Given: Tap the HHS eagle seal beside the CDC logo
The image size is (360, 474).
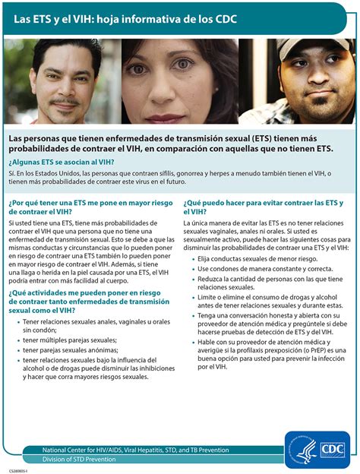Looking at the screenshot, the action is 301,449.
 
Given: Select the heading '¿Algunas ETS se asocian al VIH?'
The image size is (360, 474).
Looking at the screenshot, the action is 62,162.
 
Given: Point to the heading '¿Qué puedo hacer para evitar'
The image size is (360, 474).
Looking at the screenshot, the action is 262,207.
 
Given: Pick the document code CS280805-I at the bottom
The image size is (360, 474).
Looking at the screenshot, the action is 21,470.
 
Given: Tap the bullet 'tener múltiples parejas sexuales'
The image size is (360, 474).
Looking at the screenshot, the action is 69,340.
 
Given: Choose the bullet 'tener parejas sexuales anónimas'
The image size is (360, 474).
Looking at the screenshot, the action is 69,350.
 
